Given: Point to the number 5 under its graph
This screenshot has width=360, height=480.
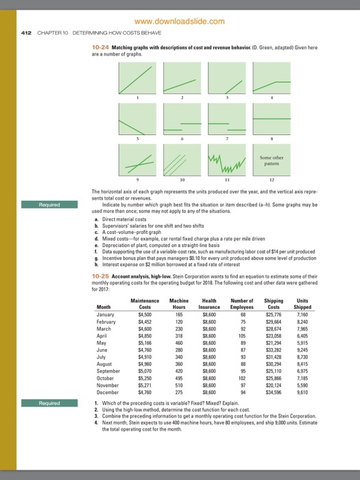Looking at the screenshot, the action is (x=139, y=140).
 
